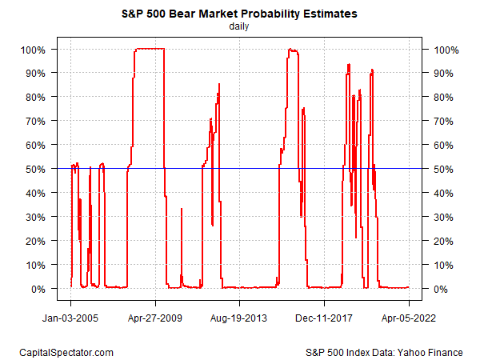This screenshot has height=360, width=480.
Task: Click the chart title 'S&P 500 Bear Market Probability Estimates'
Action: pos(239,13)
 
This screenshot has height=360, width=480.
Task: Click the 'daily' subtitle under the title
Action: pos(239,26)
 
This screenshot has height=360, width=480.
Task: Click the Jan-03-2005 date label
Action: pos(70,316)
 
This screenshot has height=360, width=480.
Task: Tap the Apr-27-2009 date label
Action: pos(155,316)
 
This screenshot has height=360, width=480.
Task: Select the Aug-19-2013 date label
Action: pos(240,316)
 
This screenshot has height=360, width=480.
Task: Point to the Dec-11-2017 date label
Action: pos(325,316)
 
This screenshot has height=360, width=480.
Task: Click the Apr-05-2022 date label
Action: pos(409,316)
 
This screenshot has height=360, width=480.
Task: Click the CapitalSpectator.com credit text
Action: pos(66,352)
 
